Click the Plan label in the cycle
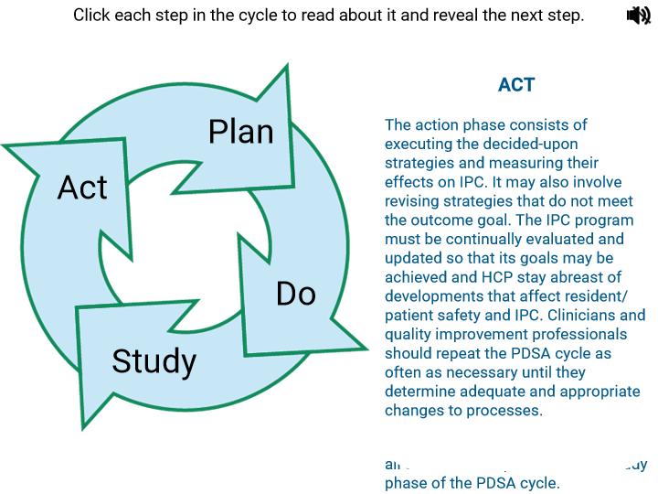point(240,132)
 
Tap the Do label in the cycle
point(296,293)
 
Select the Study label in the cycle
point(154,361)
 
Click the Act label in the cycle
point(82,188)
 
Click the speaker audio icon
point(638,16)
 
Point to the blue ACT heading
point(516,85)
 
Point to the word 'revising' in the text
point(414,201)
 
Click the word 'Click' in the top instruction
point(93,16)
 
